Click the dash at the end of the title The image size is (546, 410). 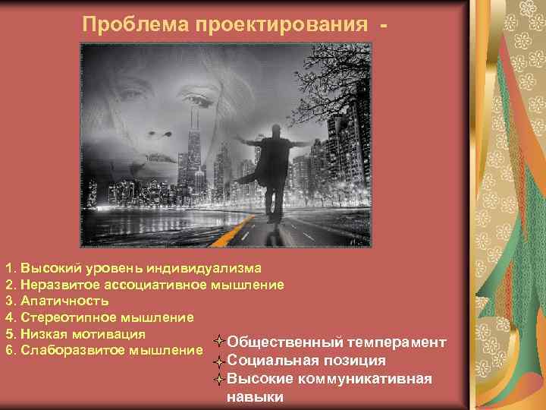(388, 24)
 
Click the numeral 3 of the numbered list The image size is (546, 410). (9, 301)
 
